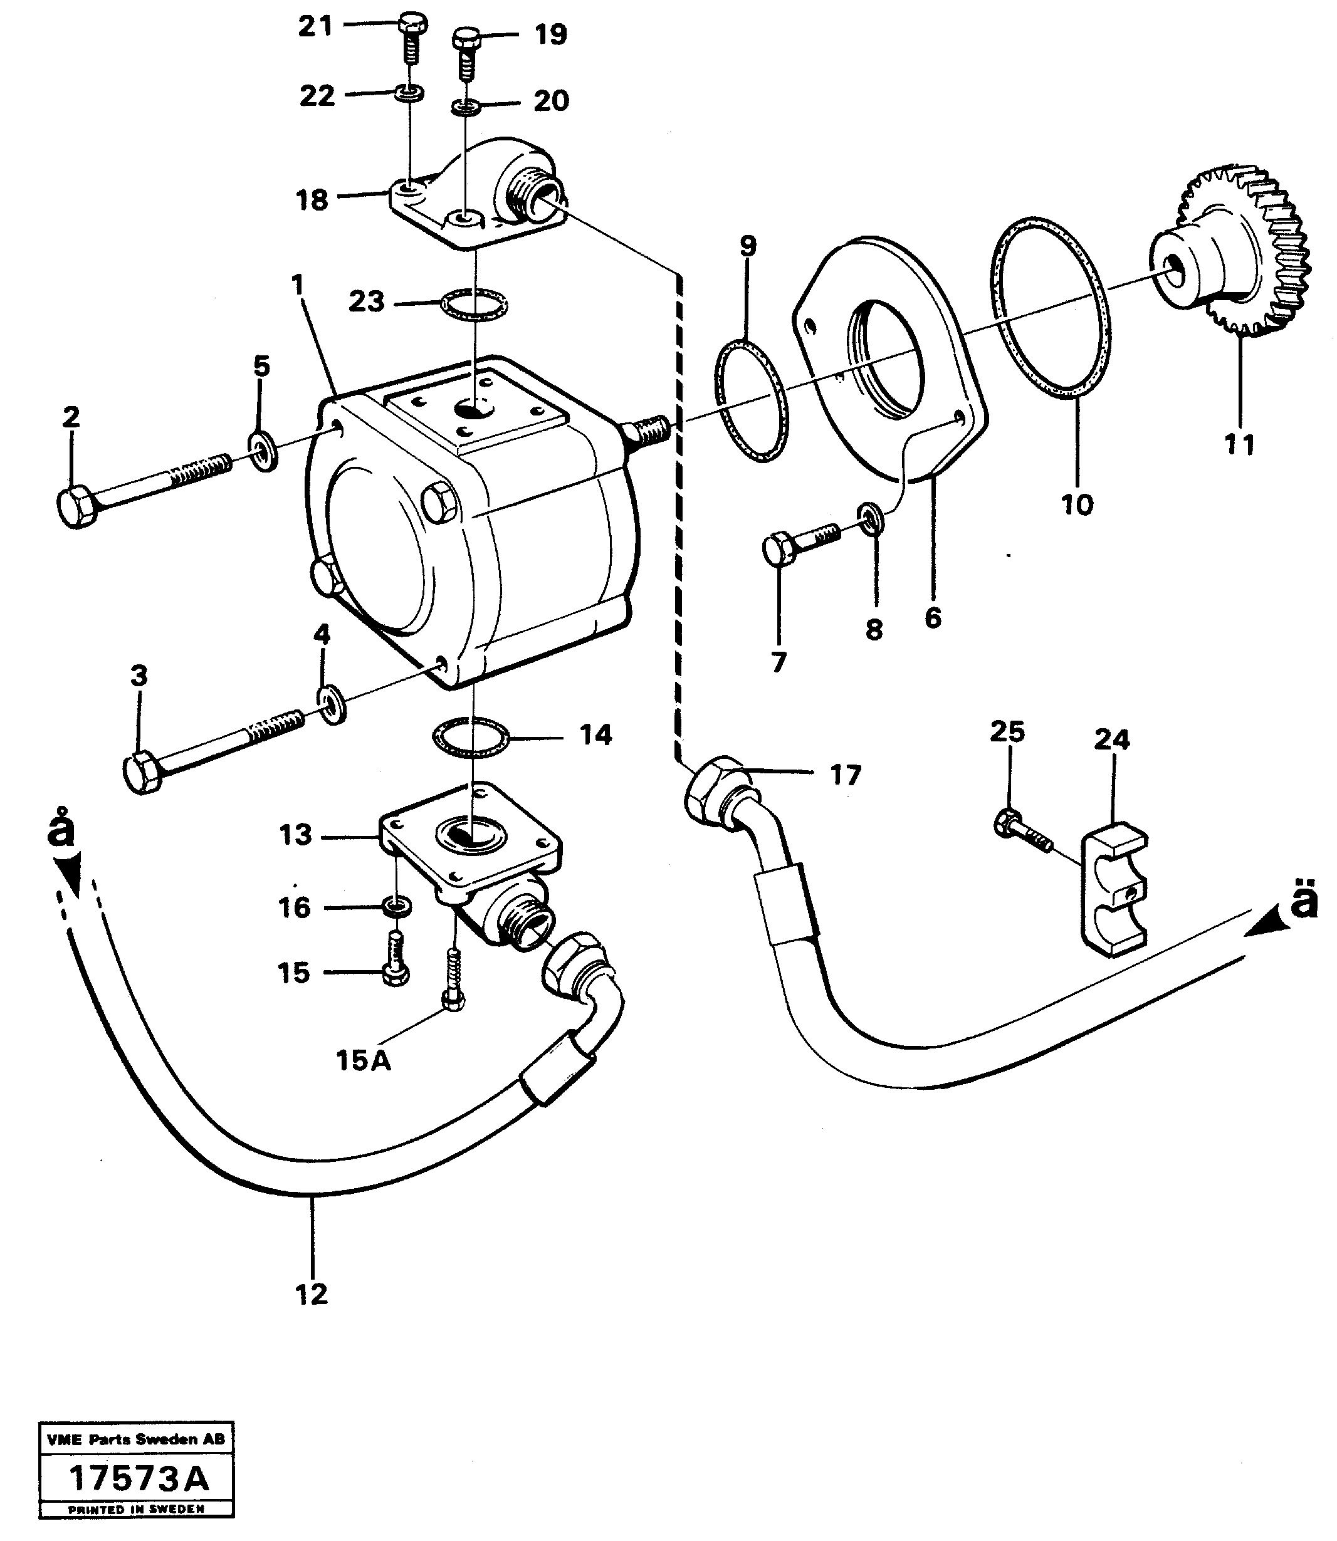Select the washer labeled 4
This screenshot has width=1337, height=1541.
pyautogui.click(x=330, y=705)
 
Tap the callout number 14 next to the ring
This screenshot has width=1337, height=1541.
pyautogui.click(x=595, y=736)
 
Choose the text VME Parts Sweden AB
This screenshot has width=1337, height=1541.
pyautogui.click(x=136, y=1439)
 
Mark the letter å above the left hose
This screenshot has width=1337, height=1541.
pyautogui.click(x=60, y=830)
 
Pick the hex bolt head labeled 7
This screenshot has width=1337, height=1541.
pyautogui.click(x=780, y=548)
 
